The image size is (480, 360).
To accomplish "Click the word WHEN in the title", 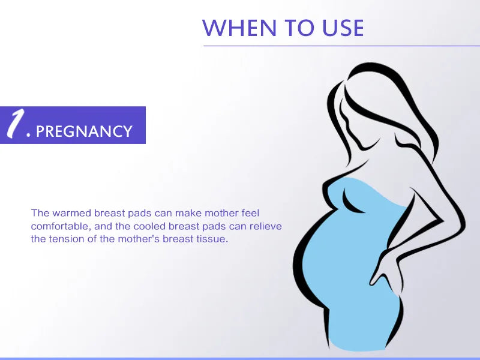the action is [x=239, y=28].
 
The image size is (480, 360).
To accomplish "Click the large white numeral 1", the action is [x=16, y=124].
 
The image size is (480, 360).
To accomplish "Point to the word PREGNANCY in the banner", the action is [x=84, y=131].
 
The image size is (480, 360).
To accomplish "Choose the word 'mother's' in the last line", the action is [x=139, y=239].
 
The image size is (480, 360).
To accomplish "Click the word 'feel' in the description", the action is [x=250, y=213].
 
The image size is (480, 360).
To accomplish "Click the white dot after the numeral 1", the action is [x=29, y=134].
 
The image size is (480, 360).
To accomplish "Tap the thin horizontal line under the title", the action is [x=341, y=46].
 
